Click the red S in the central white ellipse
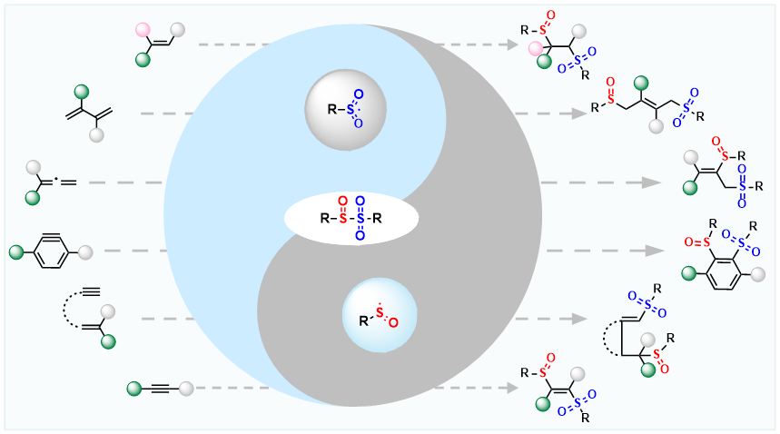[x=341, y=218]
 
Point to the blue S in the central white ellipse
[x=360, y=218]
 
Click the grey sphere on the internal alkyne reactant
[x=187, y=390]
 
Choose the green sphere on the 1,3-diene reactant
[x=81, y=92]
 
